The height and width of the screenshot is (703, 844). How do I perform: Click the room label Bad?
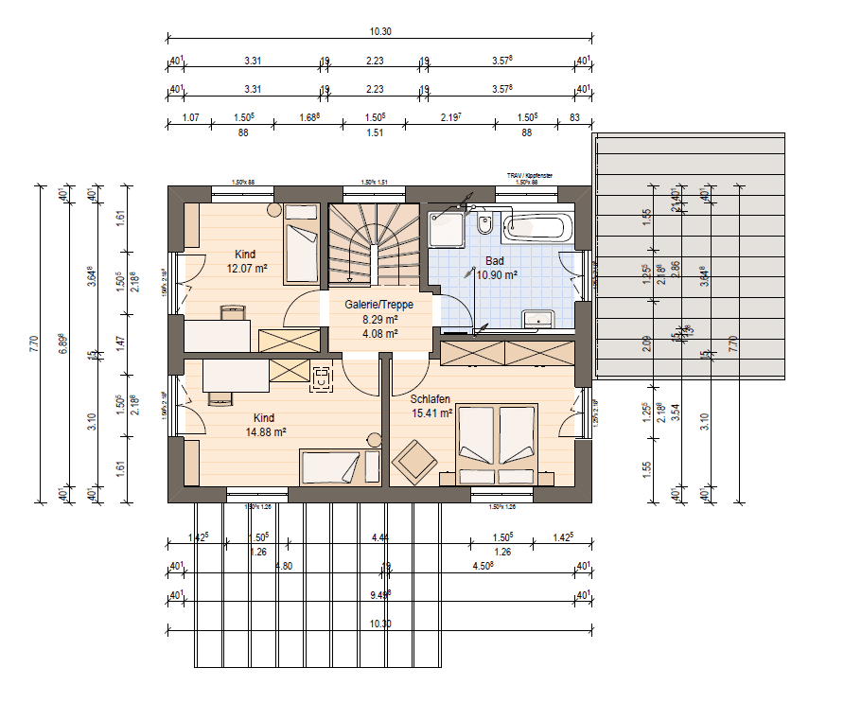(495, 261)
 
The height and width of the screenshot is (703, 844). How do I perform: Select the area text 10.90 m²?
(497, 275)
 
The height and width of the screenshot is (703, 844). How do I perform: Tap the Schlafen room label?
(430, 398)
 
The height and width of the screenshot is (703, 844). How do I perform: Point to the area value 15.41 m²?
(431, 413)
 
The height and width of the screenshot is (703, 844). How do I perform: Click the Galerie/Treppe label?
(378, 305)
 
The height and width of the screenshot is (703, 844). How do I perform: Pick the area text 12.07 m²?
(247, 269)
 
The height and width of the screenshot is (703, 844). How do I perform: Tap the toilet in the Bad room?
(484, 225)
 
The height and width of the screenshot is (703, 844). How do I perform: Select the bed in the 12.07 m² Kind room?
(302, 243)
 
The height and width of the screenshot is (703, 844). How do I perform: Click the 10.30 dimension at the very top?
(380, 31)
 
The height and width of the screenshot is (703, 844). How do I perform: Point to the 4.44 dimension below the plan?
(380, 537)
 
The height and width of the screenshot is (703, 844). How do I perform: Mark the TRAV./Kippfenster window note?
(529, 176)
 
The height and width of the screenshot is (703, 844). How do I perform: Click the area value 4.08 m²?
(378, 333)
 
